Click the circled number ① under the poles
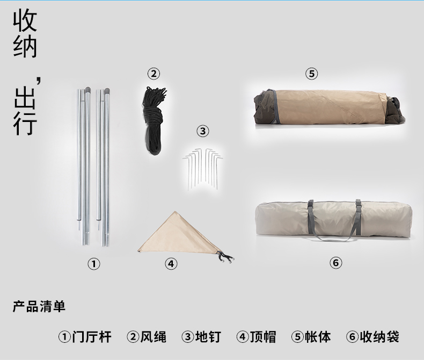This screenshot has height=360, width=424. (x=94, y=264)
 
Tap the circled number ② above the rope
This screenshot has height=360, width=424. (x=153, y=74)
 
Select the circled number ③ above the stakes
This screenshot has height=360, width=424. (x=203, y=131)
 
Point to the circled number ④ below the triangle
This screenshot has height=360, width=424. (x=171, y=264)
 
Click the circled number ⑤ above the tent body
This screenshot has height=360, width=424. (x=311, y=74)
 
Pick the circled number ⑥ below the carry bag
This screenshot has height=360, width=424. (x=335, y=263)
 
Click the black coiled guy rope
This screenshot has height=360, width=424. (x=153, y=121)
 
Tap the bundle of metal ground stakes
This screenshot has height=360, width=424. (x=202, y=168)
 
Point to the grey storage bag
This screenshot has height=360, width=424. (x=333, y=220)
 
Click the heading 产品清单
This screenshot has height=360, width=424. (x=39, y=307)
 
